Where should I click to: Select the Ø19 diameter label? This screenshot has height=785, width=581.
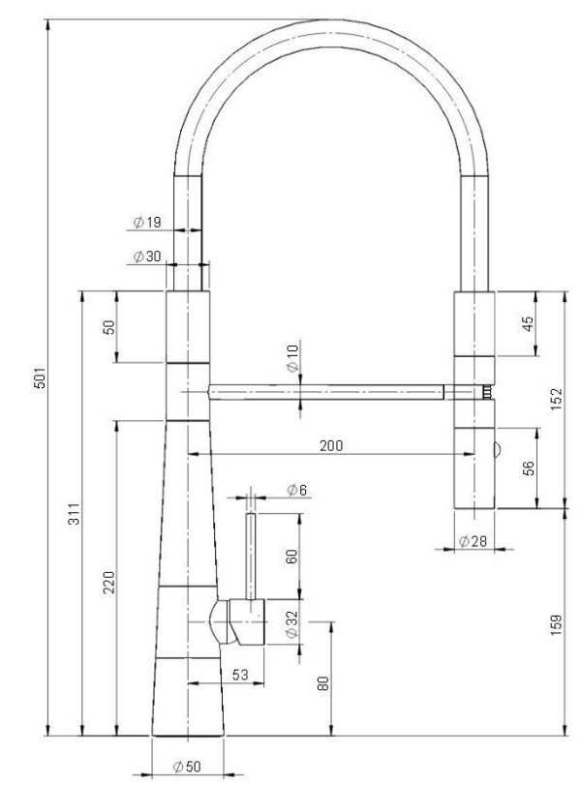click(148, 222)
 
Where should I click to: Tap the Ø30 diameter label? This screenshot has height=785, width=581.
click(148, 257)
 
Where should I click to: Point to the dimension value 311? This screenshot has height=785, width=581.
click(75, 513)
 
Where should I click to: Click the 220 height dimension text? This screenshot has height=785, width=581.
click(109, 583)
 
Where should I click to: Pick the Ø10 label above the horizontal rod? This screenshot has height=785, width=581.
click(293, 357)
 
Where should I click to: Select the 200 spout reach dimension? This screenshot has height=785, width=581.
click(331, 445)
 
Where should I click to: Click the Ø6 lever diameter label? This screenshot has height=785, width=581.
click(296, 490)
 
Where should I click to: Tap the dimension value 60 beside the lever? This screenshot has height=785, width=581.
click(292, 557)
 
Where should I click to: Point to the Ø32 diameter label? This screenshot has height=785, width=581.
click(292, 623)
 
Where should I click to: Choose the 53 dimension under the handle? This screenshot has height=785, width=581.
click(240, 675)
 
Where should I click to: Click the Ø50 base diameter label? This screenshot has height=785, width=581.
click(187, 766)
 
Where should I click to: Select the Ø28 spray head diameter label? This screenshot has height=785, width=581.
click(473, 541)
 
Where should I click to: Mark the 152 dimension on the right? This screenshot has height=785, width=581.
click(557, 399)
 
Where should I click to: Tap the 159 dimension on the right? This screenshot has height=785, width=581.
click(557, 624)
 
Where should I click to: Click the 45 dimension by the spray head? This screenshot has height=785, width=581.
click(528, 324)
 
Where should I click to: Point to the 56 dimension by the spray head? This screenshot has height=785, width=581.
click(529, 468)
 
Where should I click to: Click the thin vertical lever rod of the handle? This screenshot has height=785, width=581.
click(251, 556)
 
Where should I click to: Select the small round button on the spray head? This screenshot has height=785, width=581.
click(497, 449)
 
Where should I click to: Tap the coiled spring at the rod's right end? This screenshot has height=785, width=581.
click(486, 391)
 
